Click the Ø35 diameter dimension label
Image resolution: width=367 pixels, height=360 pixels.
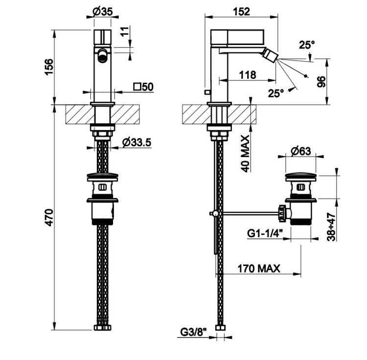click(x=103, y=11)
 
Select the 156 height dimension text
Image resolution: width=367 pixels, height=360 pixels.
click(x=49, y=67)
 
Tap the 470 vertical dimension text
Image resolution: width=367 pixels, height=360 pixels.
click(x=49, y=218)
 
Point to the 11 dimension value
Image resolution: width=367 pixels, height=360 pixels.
click(x=125, y=31)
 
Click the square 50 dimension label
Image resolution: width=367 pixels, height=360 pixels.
click(x=143, y=87)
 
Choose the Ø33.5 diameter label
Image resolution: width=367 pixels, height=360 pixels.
click(x=137, y=142)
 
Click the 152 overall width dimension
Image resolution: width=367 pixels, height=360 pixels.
click(x=241, y=11)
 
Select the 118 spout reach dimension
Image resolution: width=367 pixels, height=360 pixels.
click(x=248, y=75)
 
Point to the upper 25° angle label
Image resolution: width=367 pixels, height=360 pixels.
click(x=307, y=45)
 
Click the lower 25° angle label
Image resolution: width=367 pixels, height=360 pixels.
click(x=276, y=93)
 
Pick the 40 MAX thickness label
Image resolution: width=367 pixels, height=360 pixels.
click(x=245, y=154)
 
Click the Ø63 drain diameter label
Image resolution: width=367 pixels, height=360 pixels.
click(x=301, y=151)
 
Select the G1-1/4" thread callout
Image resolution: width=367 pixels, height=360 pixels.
click(x=265, y=233)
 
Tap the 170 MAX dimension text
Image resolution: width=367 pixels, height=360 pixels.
click(x=259, y=269)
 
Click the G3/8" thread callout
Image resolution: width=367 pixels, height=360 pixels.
click(x=194, y=332)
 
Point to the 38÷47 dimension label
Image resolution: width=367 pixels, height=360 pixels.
click(x=331, y=226)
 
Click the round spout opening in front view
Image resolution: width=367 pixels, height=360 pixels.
click(x=102, y=55)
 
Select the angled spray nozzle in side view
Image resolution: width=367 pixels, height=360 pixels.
click(x=270, y=54)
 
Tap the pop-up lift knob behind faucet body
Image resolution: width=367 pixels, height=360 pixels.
click(x=207, y=92)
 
